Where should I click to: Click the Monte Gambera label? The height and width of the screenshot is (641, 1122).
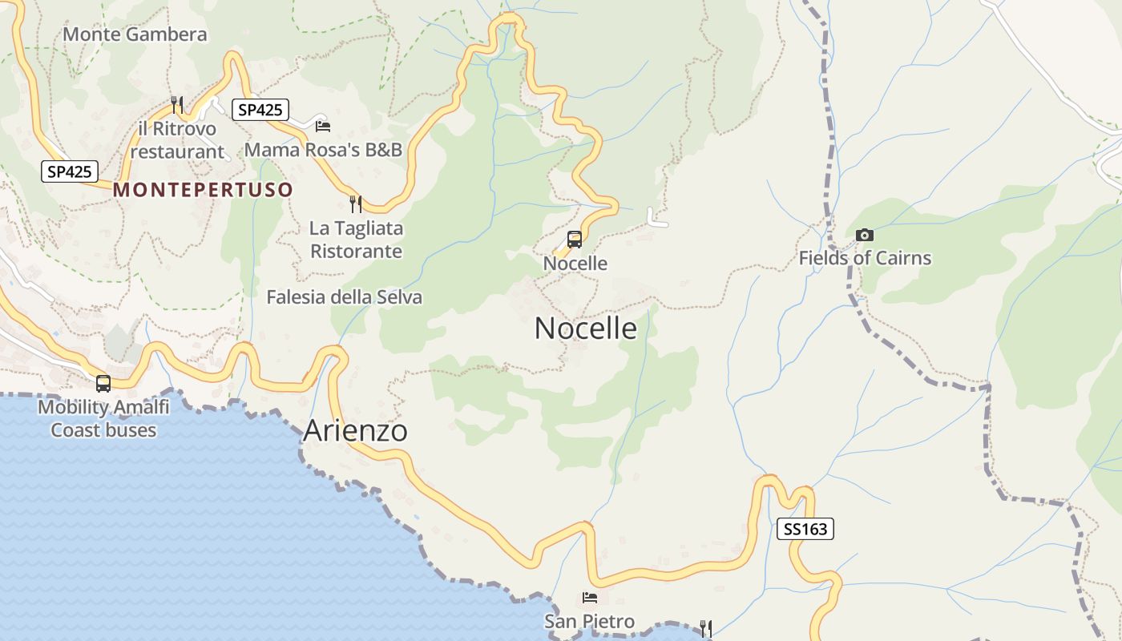(x=135, y=34)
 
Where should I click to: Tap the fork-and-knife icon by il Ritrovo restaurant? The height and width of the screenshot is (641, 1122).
(x=177, y=105)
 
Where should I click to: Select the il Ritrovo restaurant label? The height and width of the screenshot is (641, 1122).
(x=177, y=140)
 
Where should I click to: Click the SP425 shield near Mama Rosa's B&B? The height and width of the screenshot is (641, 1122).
(x=260, y=110)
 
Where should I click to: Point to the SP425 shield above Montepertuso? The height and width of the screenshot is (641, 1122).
(x=71, y=171)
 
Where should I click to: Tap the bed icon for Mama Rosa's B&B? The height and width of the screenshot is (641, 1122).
(x=323, y=126)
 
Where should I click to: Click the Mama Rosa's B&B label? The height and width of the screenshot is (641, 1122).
(x=323, y=150)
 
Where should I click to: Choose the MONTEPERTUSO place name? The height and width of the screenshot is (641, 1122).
(x=203, y=190)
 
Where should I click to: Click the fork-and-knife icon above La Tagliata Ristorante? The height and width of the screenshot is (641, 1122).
(x=356, y=204)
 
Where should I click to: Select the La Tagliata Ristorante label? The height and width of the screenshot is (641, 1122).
(x=356, y=240)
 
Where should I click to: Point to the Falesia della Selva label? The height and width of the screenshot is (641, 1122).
(x=344, y=297)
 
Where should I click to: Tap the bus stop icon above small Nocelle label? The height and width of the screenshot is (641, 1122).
(x=575, y=239)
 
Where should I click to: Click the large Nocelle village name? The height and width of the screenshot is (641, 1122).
(x=586, y=328)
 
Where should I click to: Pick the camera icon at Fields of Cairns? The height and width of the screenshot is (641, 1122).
(x=864, y=235)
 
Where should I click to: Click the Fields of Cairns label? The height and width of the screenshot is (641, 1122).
(x=865, y=258)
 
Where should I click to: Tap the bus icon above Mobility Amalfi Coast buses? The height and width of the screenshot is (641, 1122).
(x=103, y=384)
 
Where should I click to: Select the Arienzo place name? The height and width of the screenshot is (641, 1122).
(x=355, y=431)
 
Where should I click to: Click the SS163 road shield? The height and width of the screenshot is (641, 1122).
(x=805, y=529)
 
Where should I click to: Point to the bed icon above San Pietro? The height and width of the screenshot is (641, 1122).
(x=590, y=598)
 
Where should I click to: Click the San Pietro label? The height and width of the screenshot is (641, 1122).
(x=589, y=621)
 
